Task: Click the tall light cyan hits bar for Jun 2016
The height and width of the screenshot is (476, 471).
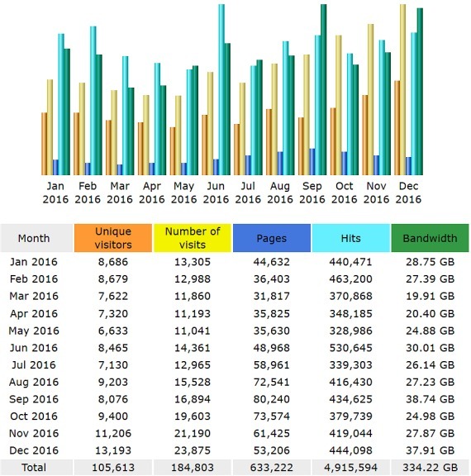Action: click(221, 89)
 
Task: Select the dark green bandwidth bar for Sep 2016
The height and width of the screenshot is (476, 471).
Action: click(324, 89)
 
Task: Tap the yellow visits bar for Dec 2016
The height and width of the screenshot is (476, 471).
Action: click(402, 89)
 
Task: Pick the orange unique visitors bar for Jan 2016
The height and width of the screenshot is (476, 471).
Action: click(45, 144)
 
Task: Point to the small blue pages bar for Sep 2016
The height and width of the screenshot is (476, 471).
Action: click(312, 162)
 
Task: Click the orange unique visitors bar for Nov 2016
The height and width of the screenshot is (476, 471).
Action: click(365, 135)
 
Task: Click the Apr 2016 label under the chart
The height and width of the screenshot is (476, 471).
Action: click(152, 193)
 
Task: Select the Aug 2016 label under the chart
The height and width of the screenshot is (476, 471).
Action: click(280, 193)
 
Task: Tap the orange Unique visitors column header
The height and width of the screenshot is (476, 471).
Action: click(113, 238)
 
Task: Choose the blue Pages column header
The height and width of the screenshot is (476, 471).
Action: click(272, 238)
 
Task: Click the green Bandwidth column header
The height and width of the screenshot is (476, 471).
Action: click(430, 238)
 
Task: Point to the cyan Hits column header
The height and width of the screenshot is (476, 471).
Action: click(351, 238)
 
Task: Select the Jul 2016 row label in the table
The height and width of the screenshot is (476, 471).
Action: click(34, 364)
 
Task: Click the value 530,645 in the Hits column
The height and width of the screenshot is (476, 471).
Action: click(351, 348)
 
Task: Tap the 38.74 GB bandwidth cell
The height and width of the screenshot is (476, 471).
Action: click(430, 399)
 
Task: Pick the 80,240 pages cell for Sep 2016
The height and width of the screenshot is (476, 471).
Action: click(272, 399)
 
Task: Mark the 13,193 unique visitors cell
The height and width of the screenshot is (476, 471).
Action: click(113, 450)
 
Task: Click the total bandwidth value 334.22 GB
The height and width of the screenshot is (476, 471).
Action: click(430, 467)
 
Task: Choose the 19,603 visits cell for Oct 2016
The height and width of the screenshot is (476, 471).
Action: click(193, 416)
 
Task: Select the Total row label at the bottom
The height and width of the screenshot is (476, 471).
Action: click(34, 467)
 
